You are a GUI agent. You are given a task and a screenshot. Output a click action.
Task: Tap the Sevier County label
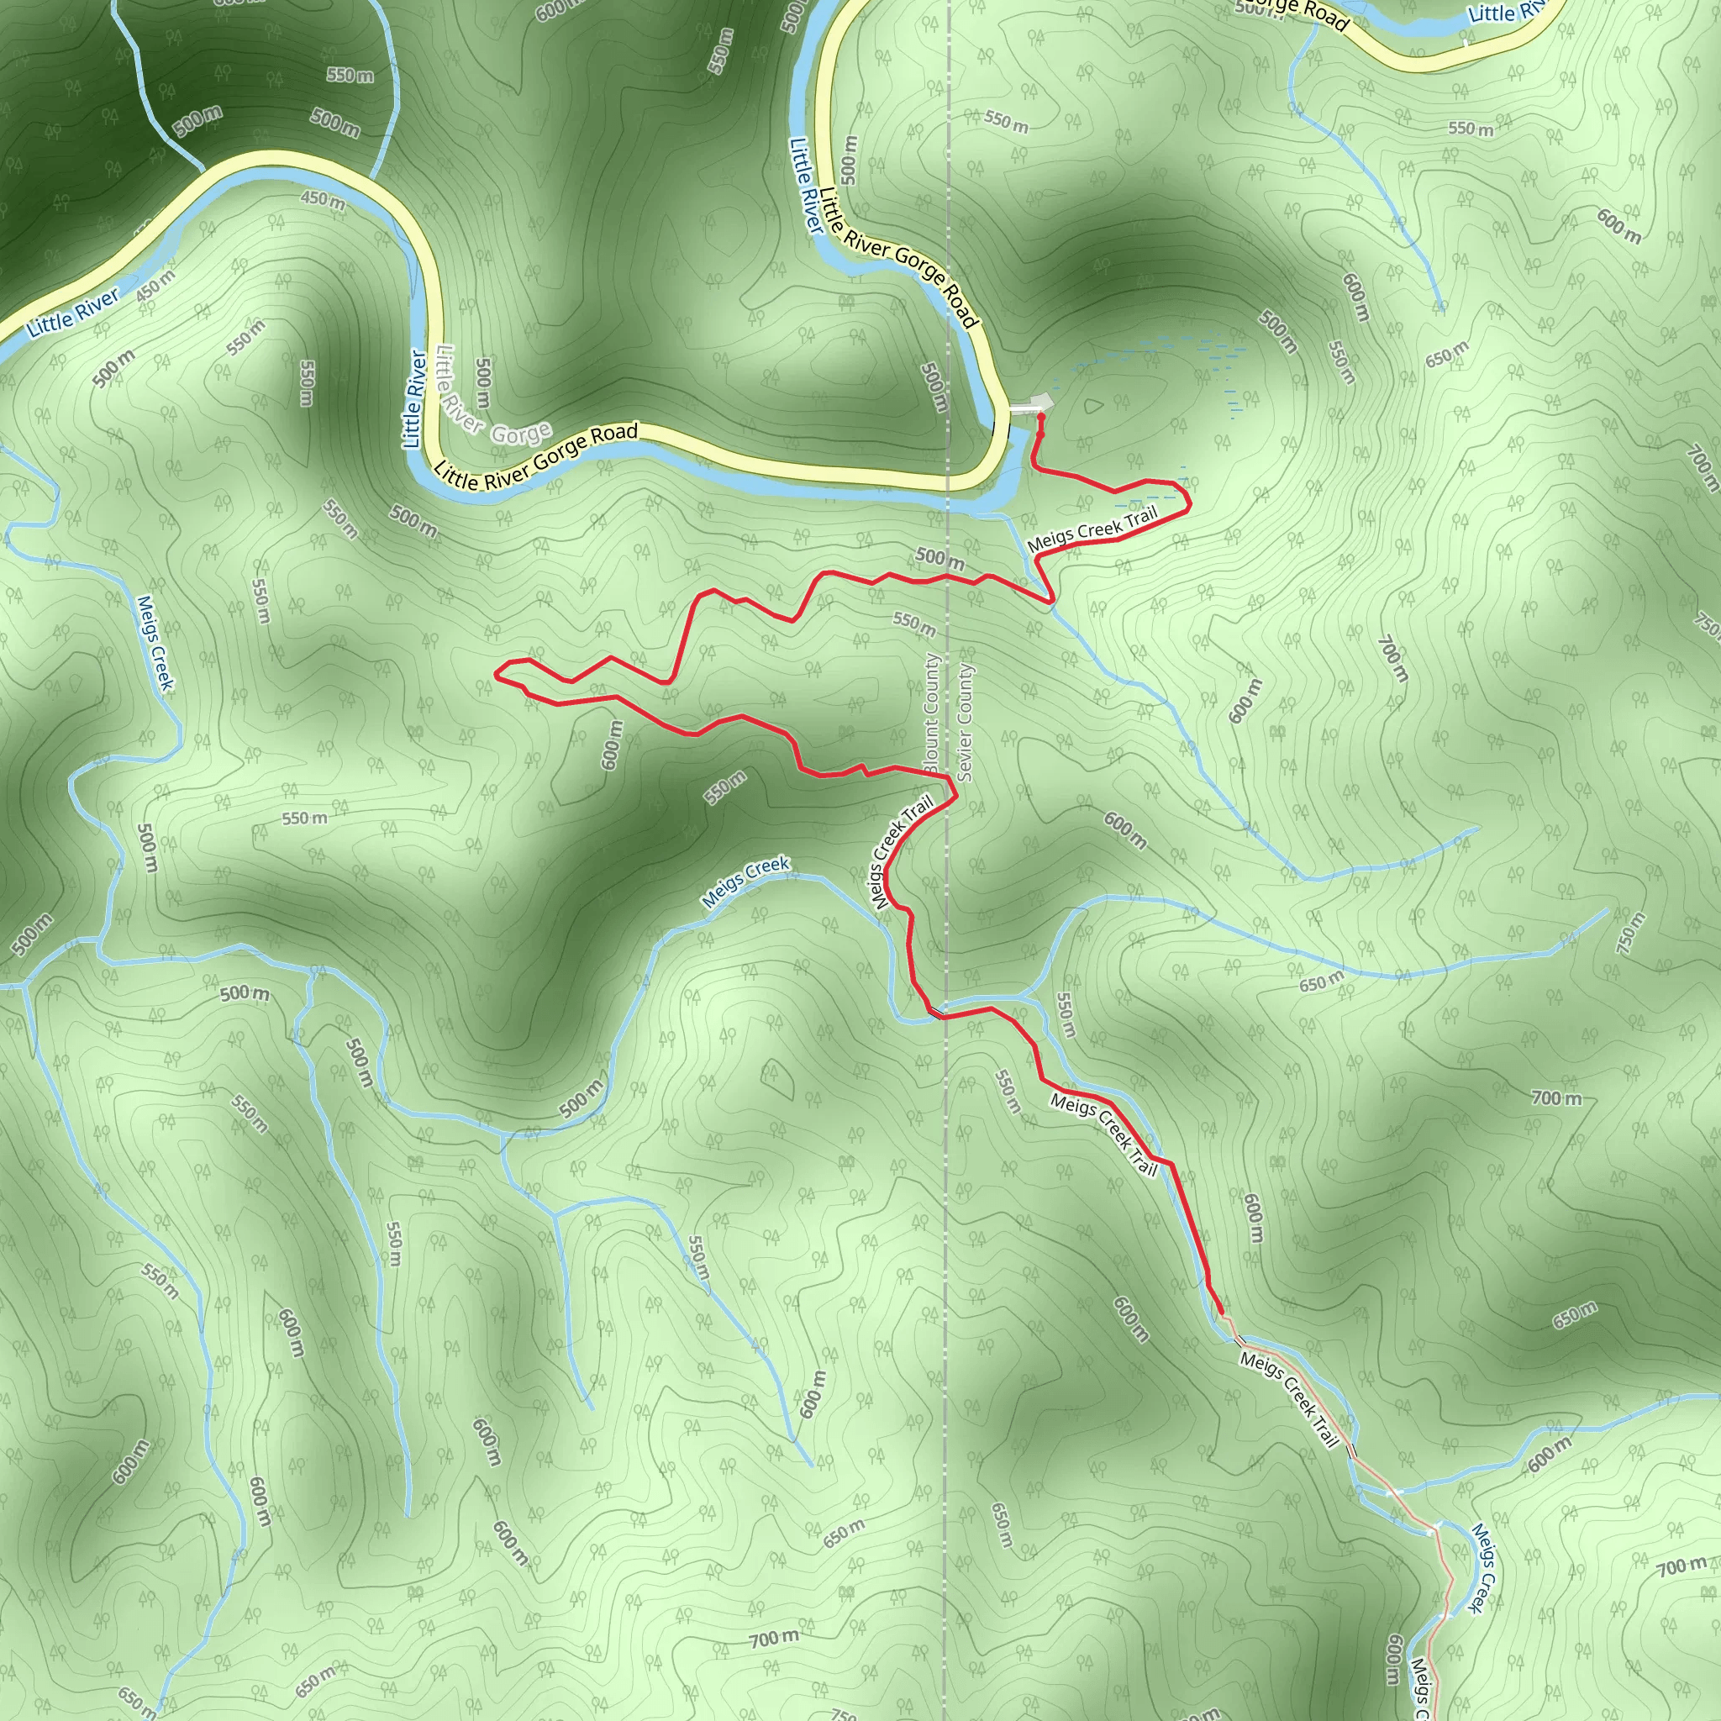(966, 723)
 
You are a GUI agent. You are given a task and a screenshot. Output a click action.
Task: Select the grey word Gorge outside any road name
(521, 434)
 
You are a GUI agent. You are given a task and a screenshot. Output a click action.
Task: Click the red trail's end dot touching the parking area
(1040, 417)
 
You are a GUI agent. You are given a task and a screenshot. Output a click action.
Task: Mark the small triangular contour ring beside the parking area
(1093, 406)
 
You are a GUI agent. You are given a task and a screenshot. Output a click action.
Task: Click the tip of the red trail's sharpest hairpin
(496, 674)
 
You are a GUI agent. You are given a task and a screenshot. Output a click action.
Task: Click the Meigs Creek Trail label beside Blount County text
(903, 851)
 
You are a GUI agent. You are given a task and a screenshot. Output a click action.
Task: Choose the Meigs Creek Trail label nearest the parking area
(1092, 529)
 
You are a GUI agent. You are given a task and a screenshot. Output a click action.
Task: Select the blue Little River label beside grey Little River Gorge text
(414, 398)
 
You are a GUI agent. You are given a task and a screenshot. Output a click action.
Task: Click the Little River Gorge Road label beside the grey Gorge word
(536, 457)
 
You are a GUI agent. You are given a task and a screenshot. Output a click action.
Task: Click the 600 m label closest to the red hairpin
(611, 745)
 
